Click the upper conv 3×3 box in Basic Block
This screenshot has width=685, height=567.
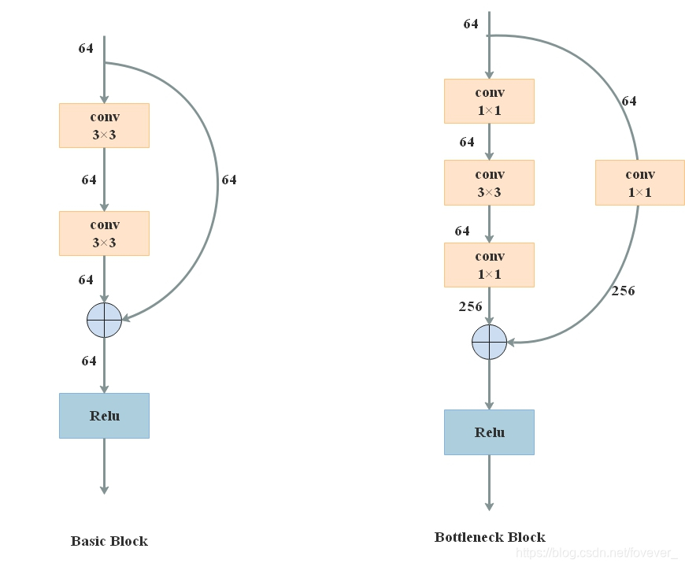click(104, 125)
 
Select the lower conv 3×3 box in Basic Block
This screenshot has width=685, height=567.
click(104, 233)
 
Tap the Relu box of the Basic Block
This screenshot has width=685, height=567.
click(104, 416)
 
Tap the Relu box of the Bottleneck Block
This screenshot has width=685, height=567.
click(489, 432)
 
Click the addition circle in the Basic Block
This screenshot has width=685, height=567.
click(104, 320)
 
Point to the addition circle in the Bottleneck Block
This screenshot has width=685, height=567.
click(489, 342)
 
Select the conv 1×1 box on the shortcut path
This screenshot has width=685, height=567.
click(639, 183)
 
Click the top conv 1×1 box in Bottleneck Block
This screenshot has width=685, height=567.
click(489, 101)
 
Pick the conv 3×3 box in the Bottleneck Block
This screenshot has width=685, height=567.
click(489, 183)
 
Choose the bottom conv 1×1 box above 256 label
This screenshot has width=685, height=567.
click(489, 265)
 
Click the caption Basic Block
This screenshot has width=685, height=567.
click(109, 541)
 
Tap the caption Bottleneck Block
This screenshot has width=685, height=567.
click(490, 537)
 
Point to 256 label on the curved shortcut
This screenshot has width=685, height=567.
click(623, 291)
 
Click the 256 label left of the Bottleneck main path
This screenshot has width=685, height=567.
click(470, 306)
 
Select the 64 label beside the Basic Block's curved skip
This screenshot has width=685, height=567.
click(228, 180)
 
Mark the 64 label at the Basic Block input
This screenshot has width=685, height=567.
click(86, 48)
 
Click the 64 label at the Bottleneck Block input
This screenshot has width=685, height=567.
click(471, 24)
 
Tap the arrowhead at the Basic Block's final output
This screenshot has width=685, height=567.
click(104, 489)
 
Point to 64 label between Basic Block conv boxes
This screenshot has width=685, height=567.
click(89, 180)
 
